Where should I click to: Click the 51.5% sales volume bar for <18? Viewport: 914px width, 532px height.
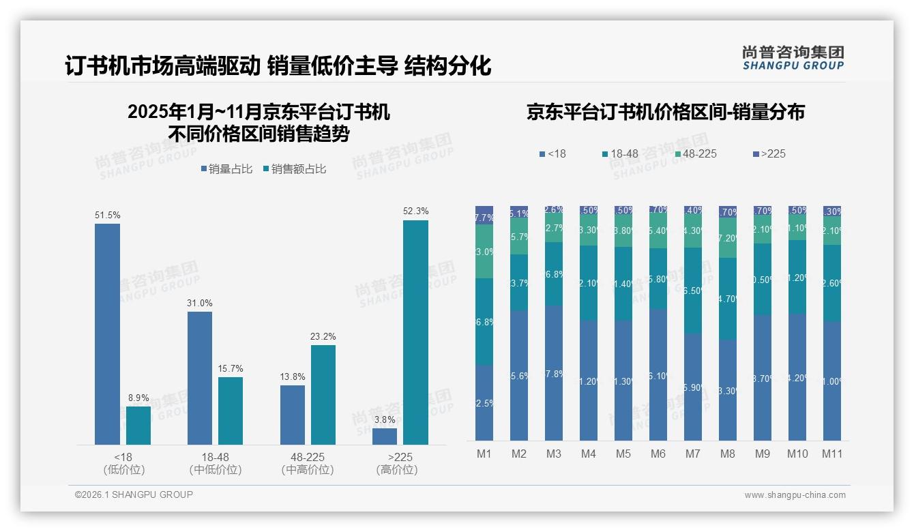(107, 334)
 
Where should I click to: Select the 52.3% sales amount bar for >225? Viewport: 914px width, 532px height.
(415, 332)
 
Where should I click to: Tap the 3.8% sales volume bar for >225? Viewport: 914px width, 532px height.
(385, 437)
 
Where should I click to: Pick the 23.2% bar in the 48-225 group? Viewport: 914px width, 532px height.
(323, 395)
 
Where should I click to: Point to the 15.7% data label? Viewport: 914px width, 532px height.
(231, 369)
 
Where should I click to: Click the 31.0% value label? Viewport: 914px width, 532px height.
(200, 304)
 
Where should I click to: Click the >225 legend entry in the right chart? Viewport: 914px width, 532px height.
(769, 154)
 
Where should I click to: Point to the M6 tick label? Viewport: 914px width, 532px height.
(658, 454)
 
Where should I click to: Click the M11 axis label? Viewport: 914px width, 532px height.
(831, 454)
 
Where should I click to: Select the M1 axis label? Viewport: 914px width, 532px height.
(484, 454)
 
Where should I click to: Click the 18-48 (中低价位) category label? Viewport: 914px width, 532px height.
(215, 463)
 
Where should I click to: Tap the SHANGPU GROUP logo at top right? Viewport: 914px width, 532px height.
(793, 58)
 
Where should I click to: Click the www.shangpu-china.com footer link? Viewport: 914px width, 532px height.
(795, 495)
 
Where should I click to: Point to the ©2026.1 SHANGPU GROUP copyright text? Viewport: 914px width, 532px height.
(134, 494)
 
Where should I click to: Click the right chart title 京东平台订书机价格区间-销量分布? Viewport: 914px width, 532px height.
(665, 112)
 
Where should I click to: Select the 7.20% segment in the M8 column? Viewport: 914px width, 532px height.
(727, 238)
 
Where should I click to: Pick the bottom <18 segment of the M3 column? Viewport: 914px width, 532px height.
(554, 373)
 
